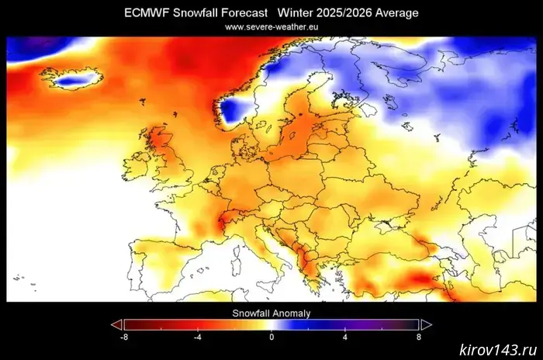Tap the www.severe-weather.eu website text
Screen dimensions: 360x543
[271, 26]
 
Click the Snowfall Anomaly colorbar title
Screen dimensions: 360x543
[271, 313]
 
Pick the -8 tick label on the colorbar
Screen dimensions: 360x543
[124, 337]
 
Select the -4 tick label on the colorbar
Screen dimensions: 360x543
[198, 337]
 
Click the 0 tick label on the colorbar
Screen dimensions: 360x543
[271, 337]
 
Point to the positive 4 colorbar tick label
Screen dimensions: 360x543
[344, 337]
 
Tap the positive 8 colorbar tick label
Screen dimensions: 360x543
[419, 337]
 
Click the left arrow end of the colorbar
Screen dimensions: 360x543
[116, 325]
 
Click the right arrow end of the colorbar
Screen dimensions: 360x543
[426, 325]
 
